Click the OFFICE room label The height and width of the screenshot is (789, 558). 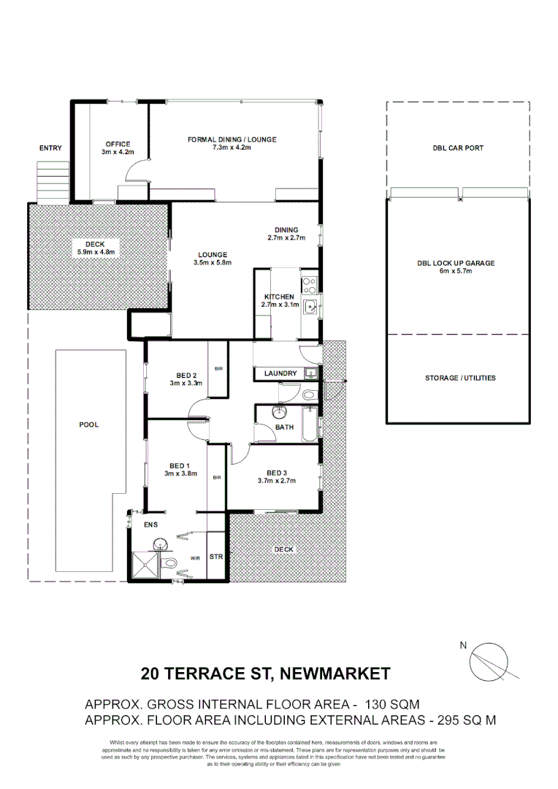117,144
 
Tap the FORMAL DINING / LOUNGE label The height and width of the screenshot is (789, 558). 232,140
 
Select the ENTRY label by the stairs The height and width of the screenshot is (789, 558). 50,148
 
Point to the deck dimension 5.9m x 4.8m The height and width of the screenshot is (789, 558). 96,252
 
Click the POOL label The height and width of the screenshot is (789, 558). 88,424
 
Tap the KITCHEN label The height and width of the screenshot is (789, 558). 279,297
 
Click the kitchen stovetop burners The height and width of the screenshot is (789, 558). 309,283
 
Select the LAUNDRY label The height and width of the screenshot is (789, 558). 280,373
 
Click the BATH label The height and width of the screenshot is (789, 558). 284,427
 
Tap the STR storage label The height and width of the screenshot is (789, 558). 216,557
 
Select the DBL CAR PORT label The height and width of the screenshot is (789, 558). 458,148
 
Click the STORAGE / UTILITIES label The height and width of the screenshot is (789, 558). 460,378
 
